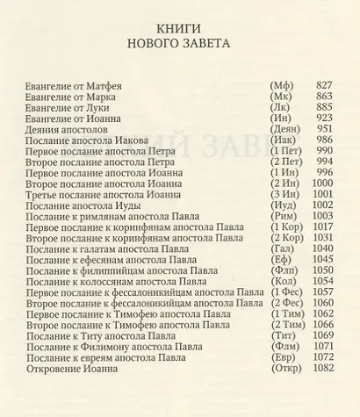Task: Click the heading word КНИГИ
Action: [179, 26]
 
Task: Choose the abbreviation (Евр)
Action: [283, 370]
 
